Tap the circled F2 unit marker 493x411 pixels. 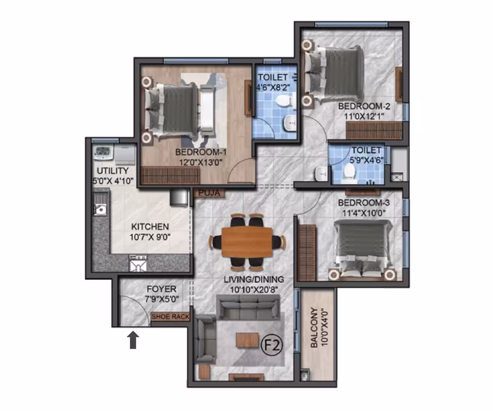tap(272, 345)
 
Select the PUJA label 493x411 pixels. tap(209, 193)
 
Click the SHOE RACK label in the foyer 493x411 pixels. tap(170, 316)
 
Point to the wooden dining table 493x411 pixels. tap(247, 242)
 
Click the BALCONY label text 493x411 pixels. tap(314, 328)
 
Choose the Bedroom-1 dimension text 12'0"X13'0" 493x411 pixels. tap(201, 162)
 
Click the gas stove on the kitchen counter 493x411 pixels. tap(138, 263)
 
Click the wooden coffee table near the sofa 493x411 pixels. tap(247, 340)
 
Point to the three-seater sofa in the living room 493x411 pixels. tap(248, 307)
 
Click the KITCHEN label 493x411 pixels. tap(150, 226)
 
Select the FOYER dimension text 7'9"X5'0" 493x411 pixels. tap(162, 299)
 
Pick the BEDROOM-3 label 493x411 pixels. tap(364, 203)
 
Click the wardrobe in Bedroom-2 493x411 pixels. tap(374, 130)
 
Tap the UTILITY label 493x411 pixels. tap(113, 171)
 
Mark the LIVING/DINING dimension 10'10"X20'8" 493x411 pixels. tap(254, 290)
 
